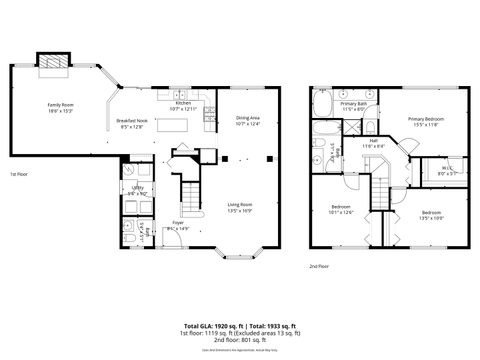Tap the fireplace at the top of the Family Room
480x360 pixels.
pos(52,62)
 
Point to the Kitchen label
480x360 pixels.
pos(183,105)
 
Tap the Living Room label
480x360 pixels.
pos(241,207)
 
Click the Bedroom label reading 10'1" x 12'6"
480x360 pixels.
pos(341,209)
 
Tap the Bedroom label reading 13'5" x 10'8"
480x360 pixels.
pos(432,215)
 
